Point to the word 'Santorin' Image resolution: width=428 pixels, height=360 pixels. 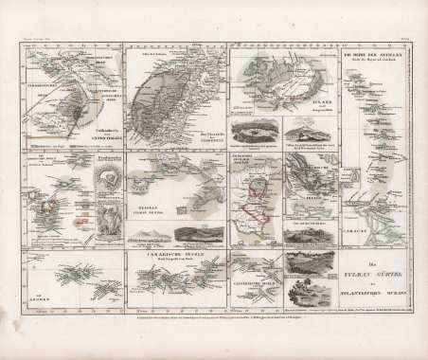pyautogui.click(x=43, y=162)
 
